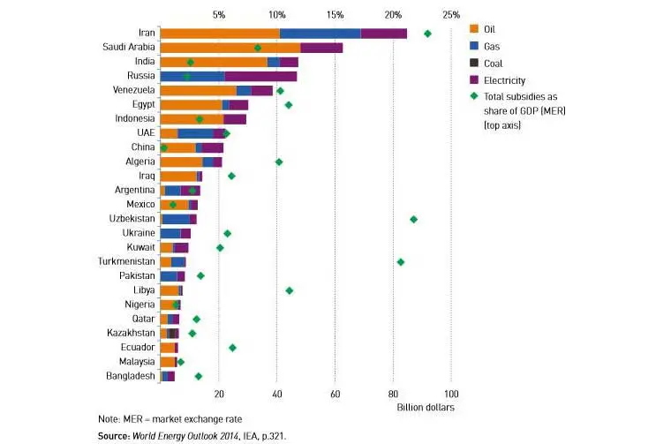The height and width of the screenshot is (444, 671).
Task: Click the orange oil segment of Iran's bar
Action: pos(220,33)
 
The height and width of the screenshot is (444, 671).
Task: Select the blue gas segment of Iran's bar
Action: pos(320,33)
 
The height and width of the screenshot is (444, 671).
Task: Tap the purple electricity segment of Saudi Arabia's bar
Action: pos(321,48)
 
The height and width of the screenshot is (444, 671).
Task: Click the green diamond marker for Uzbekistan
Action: pos(413,219)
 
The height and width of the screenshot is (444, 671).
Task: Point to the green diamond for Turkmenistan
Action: pos(401,262)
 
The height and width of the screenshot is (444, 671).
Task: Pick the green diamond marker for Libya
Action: pos(289,290)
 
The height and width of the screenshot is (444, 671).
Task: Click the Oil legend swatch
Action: pos(474,28)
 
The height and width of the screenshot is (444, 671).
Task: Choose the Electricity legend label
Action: pos(506,79)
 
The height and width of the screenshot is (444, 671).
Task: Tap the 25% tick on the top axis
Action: pos(451,14)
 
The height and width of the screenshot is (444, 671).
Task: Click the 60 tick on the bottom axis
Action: pos(335,394)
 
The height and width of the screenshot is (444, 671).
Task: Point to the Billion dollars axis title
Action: pos(427,408)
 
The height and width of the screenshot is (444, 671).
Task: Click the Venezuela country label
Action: pos(134,90)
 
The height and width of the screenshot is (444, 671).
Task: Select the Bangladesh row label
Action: pos(131,376)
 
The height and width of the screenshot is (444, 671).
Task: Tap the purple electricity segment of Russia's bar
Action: pos(260,76)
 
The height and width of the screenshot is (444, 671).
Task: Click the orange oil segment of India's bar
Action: pos(213,62)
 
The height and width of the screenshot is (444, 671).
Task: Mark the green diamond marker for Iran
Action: pos(427,34)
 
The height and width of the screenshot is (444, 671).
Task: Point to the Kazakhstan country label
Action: pos(132,333)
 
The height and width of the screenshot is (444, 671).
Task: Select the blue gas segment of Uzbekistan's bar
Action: pos(177,219)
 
